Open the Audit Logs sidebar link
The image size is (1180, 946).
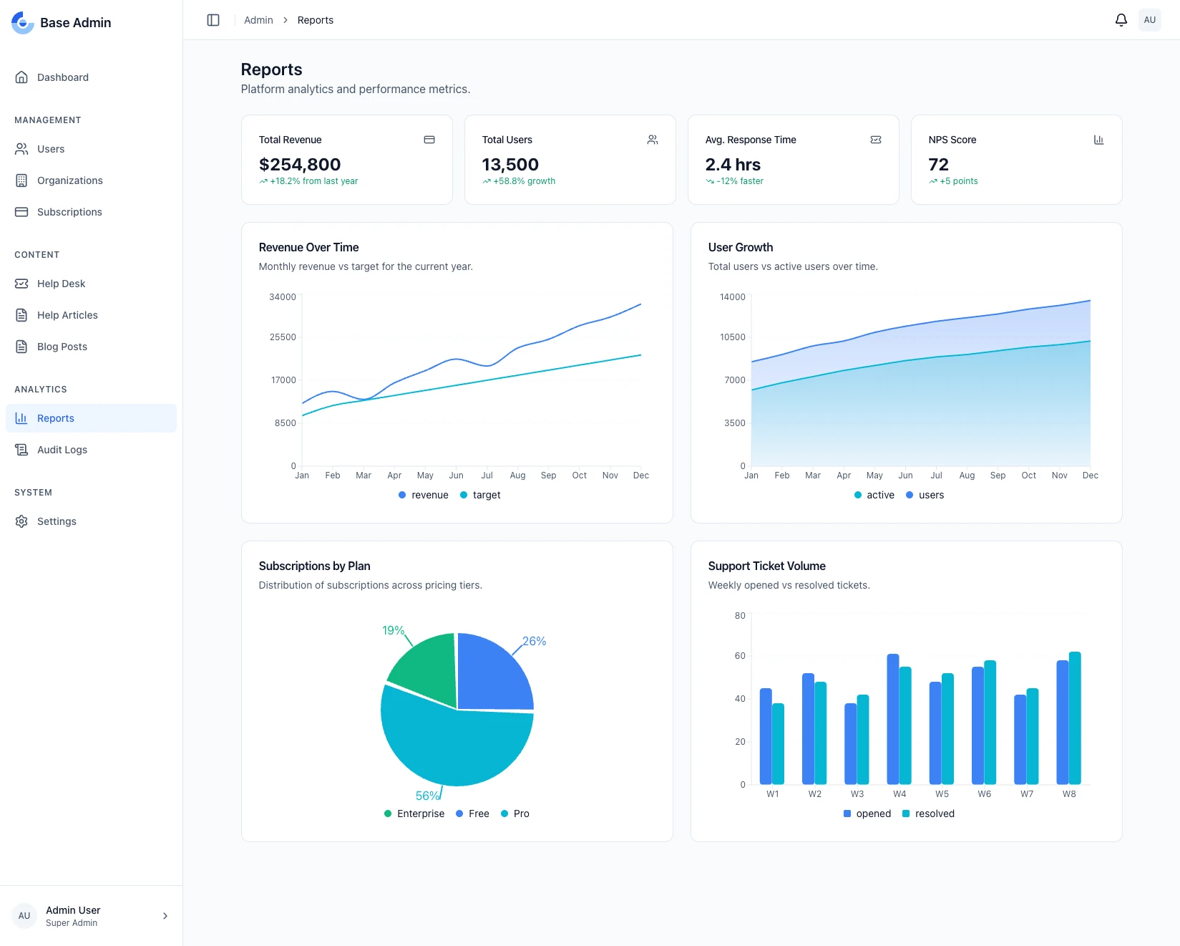(62, 450)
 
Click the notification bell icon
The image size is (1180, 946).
(1121, 20)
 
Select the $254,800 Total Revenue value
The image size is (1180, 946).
(300, 165)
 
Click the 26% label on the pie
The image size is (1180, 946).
(534, 641)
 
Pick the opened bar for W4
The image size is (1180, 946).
(892, 718)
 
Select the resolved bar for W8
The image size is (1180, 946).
(1075, 718)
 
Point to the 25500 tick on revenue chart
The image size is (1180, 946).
(283, 337)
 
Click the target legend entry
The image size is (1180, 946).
(480, 495)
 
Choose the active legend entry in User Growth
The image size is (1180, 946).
(874, 495)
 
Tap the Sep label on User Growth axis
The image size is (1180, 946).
(998, 476)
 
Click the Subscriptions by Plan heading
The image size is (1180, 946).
(314, 566)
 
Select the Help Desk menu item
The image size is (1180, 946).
(61, 284)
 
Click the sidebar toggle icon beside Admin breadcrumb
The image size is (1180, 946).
(213, 20)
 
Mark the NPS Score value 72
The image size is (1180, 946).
(938, 165)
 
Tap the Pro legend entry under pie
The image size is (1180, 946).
(515, 814)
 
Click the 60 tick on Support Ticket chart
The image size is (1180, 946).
(740, 656)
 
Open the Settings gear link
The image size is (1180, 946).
(57, 521)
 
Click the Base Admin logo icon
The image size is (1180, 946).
(23, 23)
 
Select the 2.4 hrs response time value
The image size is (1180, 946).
(733, 165)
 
